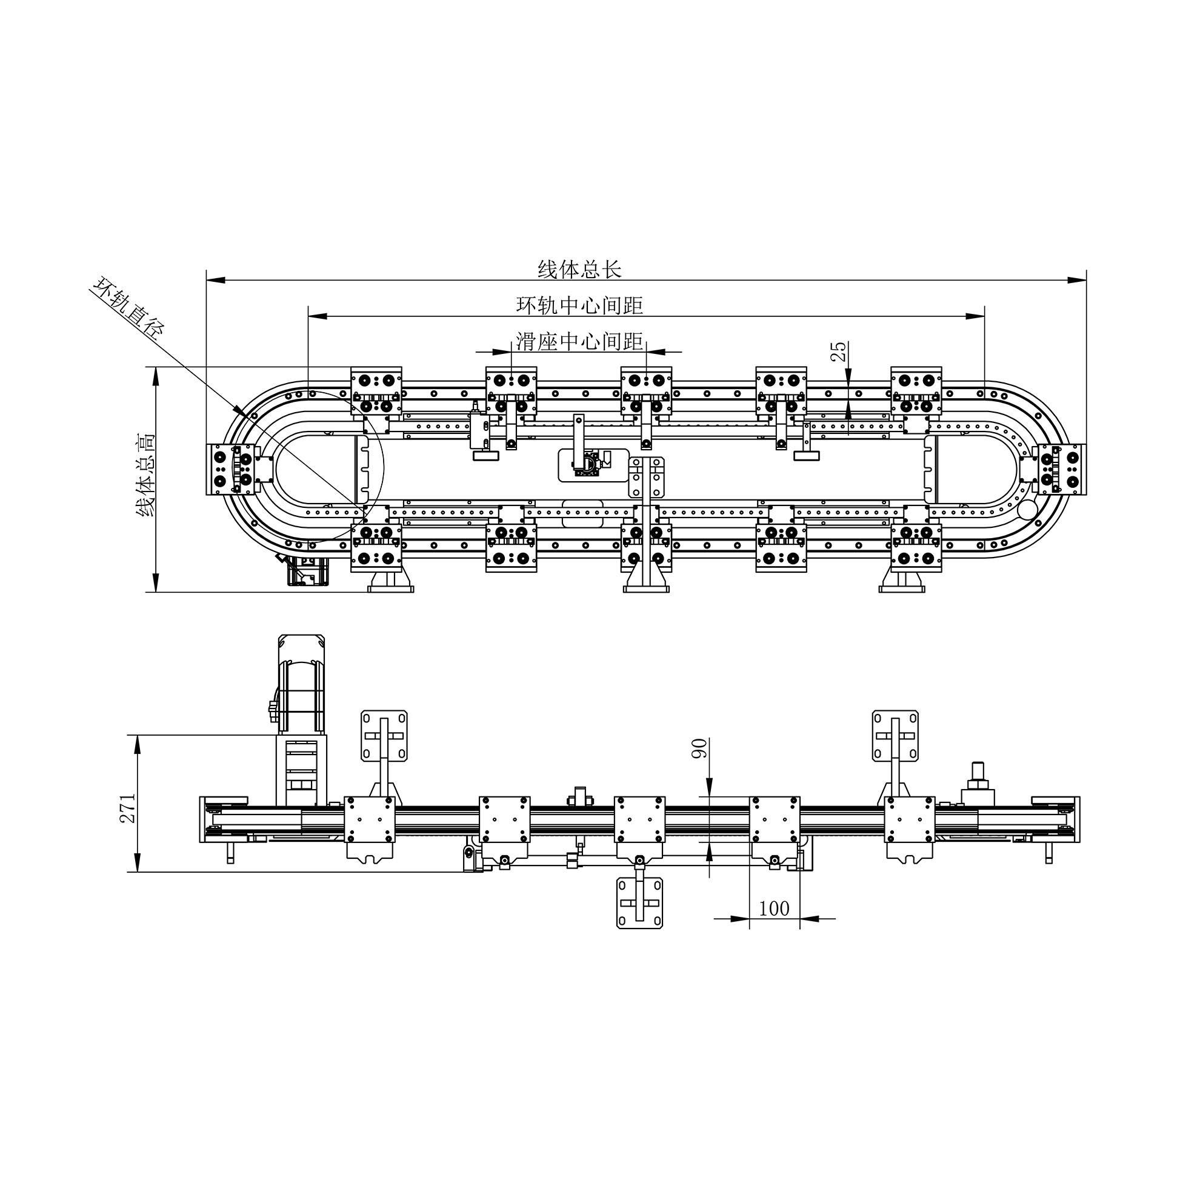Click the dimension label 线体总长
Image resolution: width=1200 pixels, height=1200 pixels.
[x=579, y=270]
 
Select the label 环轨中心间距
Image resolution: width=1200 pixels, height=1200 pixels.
[x=579, y=305]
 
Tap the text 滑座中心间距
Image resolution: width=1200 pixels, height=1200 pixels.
[x=579, y=342]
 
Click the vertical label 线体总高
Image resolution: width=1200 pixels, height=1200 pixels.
[x=147, y=475]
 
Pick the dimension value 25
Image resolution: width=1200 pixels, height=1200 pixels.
[x=839, y=352]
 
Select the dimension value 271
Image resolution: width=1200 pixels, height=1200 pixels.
[x=127, y=808]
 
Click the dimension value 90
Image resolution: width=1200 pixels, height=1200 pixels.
[x=699, y=748]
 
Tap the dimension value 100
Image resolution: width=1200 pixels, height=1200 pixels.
[x=774, y=908]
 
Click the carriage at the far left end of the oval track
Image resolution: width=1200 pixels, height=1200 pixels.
[x=230, y=470]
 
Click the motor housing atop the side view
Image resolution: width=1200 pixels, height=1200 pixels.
[x=302, y=684]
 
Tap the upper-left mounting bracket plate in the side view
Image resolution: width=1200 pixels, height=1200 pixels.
[x=384, y=736]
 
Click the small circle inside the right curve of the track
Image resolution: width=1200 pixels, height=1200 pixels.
[x=1027, y=509]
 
